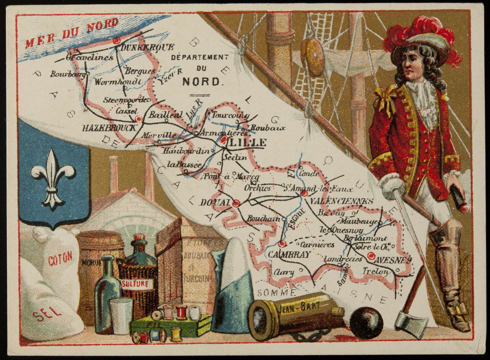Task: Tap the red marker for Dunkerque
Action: [117, 40]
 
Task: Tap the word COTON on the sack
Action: [60, 259]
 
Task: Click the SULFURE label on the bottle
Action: [137, 284]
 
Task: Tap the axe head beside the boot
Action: [411, 320]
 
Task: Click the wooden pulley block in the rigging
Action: [312, 56]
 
